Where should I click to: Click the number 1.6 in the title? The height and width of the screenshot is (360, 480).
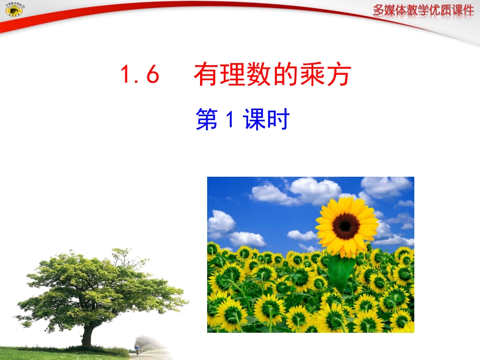(x=140, y=76)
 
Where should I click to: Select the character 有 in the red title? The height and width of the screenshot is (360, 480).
(x=206, y=76)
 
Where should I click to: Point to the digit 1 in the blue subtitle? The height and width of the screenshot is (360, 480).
(x=229, y=121)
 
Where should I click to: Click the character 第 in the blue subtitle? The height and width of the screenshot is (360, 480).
(x=206, y=121)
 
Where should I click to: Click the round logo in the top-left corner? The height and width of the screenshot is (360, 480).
(x=11, y=11)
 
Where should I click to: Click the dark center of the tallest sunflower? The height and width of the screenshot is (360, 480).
(x=346, y=226)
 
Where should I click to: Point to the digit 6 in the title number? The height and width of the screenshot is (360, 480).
(x=152, y=76)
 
